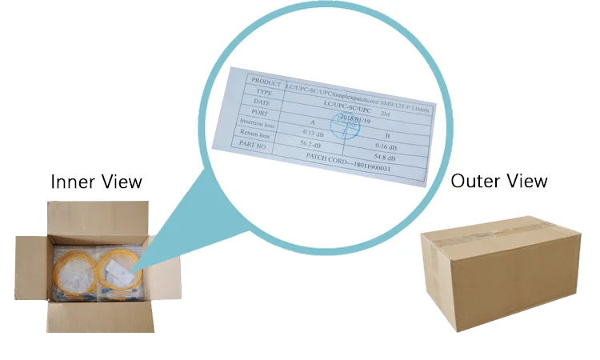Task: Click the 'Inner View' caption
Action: tap(96, 182)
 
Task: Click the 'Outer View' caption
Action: tap(499, 180)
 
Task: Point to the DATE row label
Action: tap(261, 105)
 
